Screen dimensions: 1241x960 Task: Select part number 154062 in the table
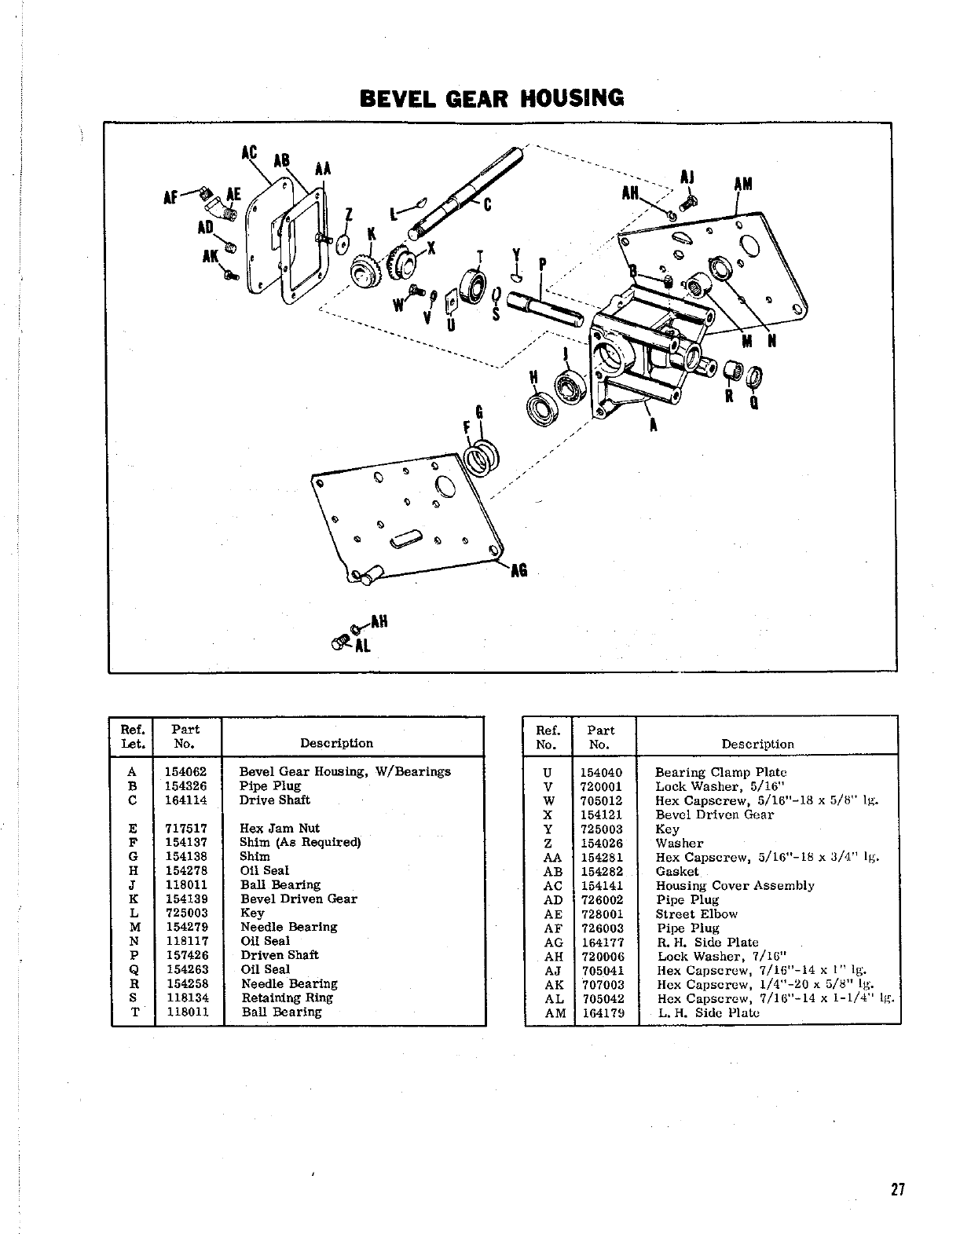coord(186,771)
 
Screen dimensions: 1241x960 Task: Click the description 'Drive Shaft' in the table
coord(274,800)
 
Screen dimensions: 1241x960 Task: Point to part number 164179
coord(601,1012)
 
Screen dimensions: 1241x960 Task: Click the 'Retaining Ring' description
coord(287,998)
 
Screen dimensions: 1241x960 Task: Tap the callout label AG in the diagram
coord(518,571)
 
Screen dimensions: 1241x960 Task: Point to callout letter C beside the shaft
coord(487,206)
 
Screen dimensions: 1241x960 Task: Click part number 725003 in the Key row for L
coord(186,913)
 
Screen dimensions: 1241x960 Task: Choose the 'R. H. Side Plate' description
coord(707,942)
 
